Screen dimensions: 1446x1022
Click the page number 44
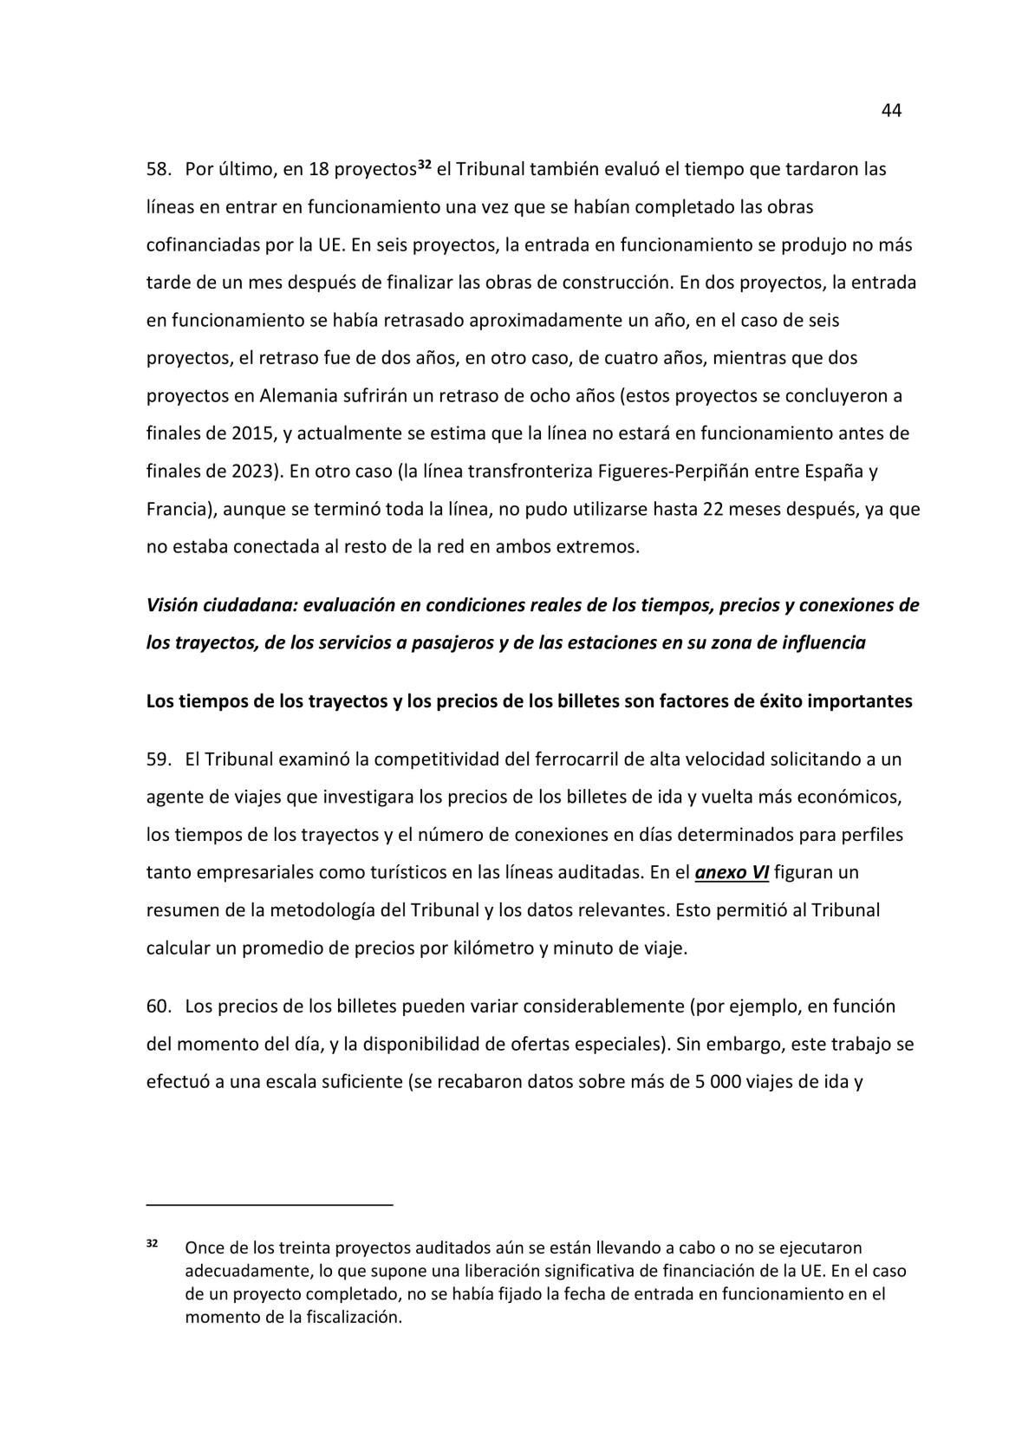tap(891, 111)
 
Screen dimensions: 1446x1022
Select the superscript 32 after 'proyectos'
tap(425, 164)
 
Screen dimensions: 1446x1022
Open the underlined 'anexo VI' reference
tap(732, 873)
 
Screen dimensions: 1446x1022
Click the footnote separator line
tap(270, 1204)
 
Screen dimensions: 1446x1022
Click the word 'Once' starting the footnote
tap(204, 1248)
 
